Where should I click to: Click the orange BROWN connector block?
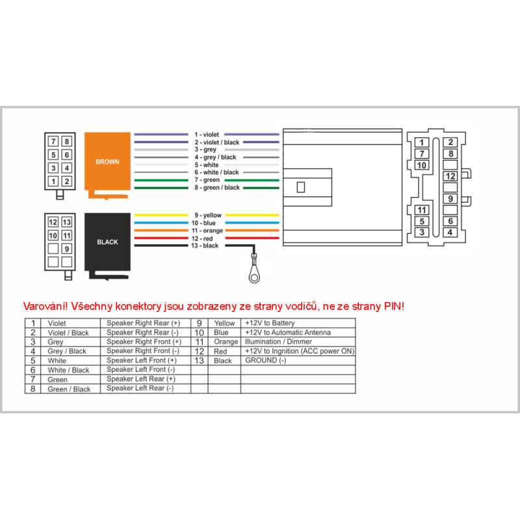(x=107, y=161)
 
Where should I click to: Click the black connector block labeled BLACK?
(x=107, y=241)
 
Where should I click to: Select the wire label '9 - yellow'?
(x=208, y=215)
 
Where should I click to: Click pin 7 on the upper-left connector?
(x=53, y=141)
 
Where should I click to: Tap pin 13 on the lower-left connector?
(x=66, y=222)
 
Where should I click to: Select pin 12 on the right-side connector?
(x=450, y=176)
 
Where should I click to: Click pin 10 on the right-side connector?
(x=422, y=165)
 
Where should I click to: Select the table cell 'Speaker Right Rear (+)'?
(x=142, y=322)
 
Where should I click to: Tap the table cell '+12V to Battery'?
(x=270, y=322)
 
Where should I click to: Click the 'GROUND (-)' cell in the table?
(x=265, y=360)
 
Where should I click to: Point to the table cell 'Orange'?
(x=226, y=341)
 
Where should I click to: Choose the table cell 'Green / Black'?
(x=69, y=389)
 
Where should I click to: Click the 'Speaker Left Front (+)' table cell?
(x=141, y=360)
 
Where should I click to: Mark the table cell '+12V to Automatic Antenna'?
(x=288, y=332)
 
